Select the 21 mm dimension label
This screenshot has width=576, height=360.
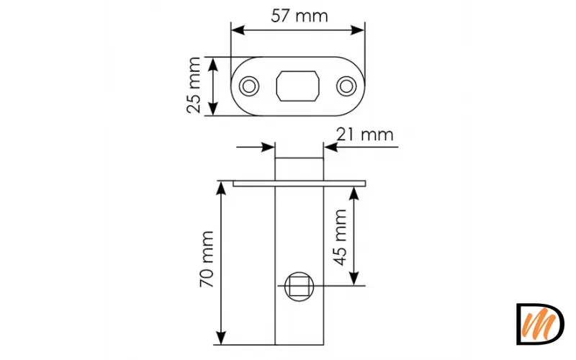pyautogui.click(x=365, y=134)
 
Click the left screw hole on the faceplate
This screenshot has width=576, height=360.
pyautogui.click(x=249, y=86)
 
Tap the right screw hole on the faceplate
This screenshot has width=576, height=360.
pyautogui.click(x=347, y=86)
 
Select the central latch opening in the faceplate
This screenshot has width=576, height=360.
pyautogui.click(x=298, y=86)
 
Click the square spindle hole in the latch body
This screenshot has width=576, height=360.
pyautogui.click(x=299, y=287)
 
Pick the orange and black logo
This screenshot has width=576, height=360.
pyautogui.click(x=540, y=324)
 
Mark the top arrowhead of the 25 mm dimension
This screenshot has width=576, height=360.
pyautogui.click(x=213, y=63)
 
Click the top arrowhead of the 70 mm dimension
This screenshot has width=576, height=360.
pyautogui.click(x=222, y=188)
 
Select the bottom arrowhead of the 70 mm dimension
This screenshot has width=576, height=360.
pyautogui.click(x=222, y=338)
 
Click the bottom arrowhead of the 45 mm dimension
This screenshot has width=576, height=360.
pyautogui.click(x=354, y=280)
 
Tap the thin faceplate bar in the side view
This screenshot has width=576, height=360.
pyautogui.click(x=300, y=184)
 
